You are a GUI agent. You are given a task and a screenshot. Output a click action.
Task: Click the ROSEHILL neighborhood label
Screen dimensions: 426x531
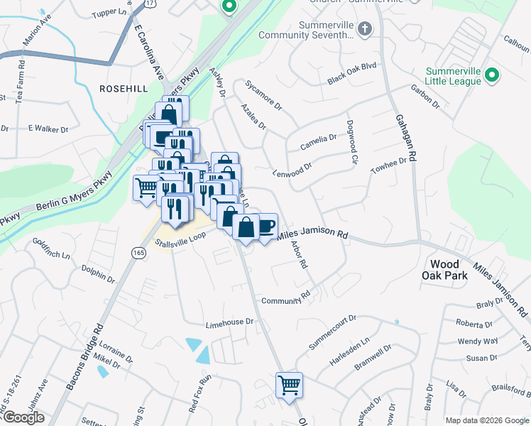tap(124, 88)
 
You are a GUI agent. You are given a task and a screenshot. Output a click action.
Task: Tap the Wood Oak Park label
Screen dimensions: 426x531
tap(444, 269)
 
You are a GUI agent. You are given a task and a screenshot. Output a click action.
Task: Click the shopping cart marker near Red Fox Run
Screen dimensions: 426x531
tap(289, 386)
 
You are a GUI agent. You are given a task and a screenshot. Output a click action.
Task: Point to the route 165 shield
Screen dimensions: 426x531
tap(138, 252)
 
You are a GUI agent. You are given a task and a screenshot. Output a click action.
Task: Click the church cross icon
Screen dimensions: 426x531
tap(364, 29)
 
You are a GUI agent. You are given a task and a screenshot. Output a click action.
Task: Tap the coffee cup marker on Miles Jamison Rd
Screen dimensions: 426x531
tap(265, 226)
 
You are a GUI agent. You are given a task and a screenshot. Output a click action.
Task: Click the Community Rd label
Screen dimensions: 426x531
tap(286, 300)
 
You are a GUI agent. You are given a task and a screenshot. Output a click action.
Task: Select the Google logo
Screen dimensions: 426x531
tap(23, 417)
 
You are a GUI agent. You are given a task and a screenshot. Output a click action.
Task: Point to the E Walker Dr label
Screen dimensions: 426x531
tap(48, 129)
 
